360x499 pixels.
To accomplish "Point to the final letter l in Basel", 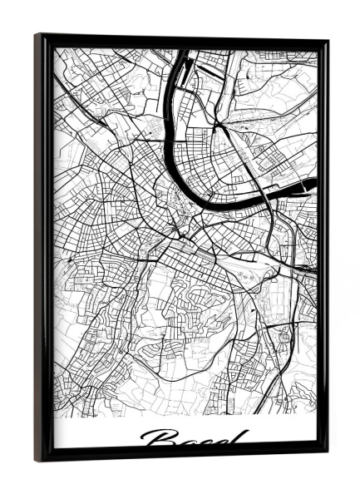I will click(242, 437).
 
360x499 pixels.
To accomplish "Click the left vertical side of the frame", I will click(44, 249).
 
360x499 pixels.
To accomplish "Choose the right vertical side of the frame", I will click(321, 249).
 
